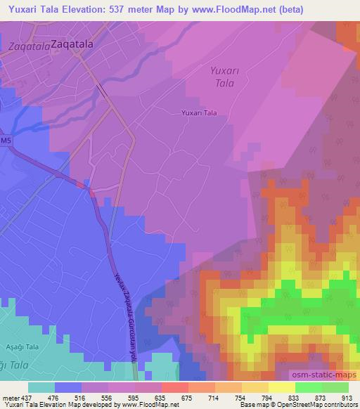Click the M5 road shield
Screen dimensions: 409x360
pyautogui.click(x=6, y=141)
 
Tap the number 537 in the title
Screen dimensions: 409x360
pyautogui.click(x=127, y=8)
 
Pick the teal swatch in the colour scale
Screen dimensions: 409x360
pyautogui.click(x=41, y=387)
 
